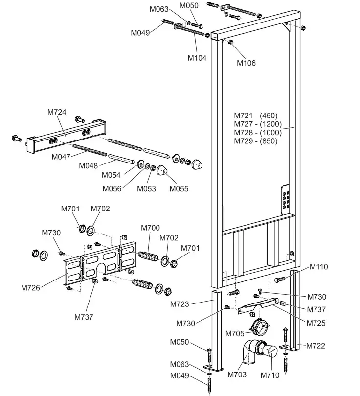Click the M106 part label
(246, 63)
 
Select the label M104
(197, 58)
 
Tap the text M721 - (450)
(255, 116)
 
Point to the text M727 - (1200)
(258, 124)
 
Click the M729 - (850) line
(255, 141)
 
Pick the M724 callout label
(57, 112)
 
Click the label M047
(61, 157)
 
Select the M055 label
(179, 189)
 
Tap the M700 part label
(150, 228)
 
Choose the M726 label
(30, 288)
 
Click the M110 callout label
(318, 267)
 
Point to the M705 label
(235, 334)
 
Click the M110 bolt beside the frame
(280, 279)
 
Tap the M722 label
(315, 346)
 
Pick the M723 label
(180, 304)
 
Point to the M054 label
(111, 175)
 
